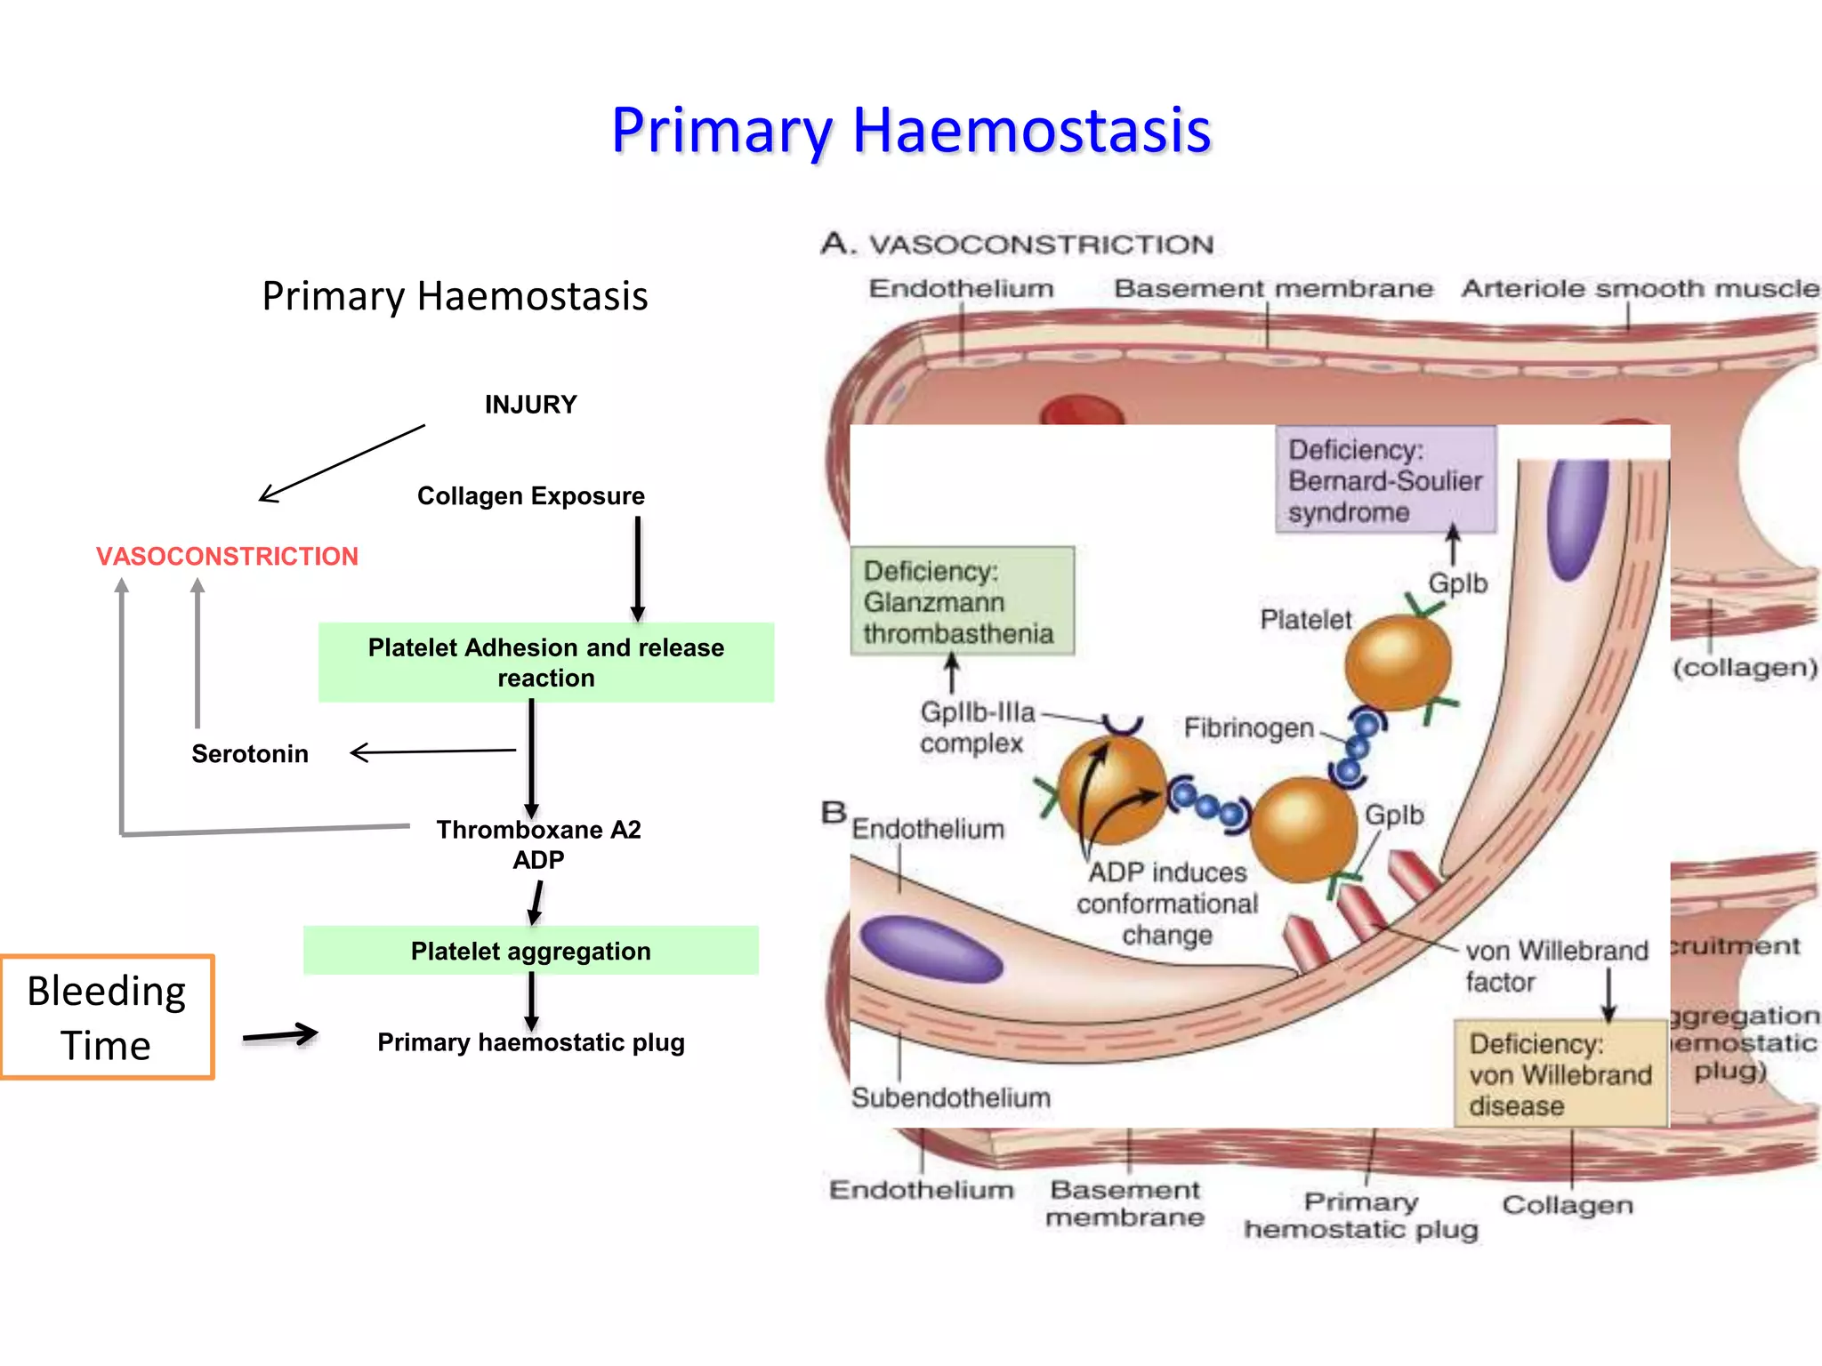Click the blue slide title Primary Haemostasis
(x=910, y=131)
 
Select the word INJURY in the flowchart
(x=530, y=405)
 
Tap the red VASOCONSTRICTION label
(x=227, y=557)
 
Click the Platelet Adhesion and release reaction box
(x=545, y=663)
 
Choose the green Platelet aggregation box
(x=530, y=951)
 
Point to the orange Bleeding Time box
(x=107, y=1017)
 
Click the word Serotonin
(x=250, y=754)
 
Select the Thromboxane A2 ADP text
(x=538, y=844)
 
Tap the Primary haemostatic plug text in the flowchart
(x=530, y=1042)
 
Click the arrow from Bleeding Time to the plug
(x=279, y=1035)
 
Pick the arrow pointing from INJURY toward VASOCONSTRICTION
(x=341, y=463)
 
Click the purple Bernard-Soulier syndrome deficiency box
(x=1385, y=480)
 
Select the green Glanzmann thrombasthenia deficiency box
(x=962, y=601)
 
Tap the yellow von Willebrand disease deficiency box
(x=1560, y=1073)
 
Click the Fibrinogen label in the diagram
(x=1248, y=728)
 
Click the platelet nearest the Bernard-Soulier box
(x=1398, y=663)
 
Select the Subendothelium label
(x=950, y=1097)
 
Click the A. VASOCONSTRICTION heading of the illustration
(x=1017, y=244)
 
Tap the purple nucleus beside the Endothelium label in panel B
(x=931, y=950)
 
